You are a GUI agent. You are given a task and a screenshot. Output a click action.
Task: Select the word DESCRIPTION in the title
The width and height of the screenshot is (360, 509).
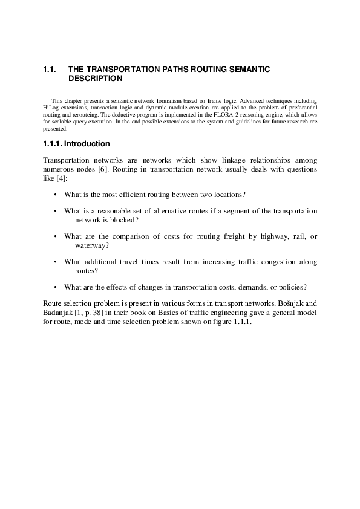point(96,79)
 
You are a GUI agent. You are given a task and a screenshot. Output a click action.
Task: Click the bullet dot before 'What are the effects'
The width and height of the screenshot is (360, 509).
point(55,287)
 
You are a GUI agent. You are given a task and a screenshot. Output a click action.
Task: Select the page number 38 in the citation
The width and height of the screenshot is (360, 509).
point(100,312)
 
